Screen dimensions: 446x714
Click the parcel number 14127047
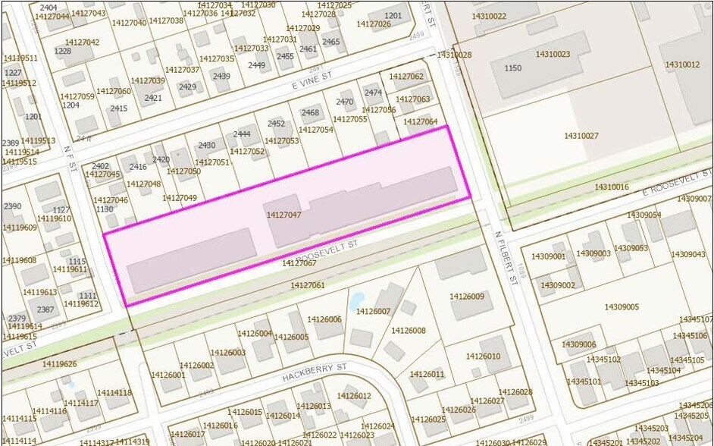click(284, 215)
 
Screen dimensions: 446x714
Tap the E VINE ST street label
click(313, 81)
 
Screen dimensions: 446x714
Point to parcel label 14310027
click(581, 137)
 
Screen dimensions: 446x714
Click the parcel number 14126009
click(466, 297)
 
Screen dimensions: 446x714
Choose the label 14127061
click(308, 285)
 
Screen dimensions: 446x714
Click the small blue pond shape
click(357, 299)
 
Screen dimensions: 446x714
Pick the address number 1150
click(513, 68)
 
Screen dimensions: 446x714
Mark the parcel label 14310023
click(553, 55)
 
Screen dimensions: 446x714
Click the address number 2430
click(207, 146)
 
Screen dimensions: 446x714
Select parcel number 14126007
click(373, 311)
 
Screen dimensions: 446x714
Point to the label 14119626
click(59, 365)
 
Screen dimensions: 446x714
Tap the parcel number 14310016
click(612, 187)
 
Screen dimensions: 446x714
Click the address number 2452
click(277, 124)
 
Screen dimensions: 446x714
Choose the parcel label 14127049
click(180, 198)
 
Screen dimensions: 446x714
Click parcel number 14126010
click(483, 356)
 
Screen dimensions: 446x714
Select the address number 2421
click(153, 98)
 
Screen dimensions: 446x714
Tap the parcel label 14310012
click(682, 65)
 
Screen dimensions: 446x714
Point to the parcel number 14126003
click(228, 353)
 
